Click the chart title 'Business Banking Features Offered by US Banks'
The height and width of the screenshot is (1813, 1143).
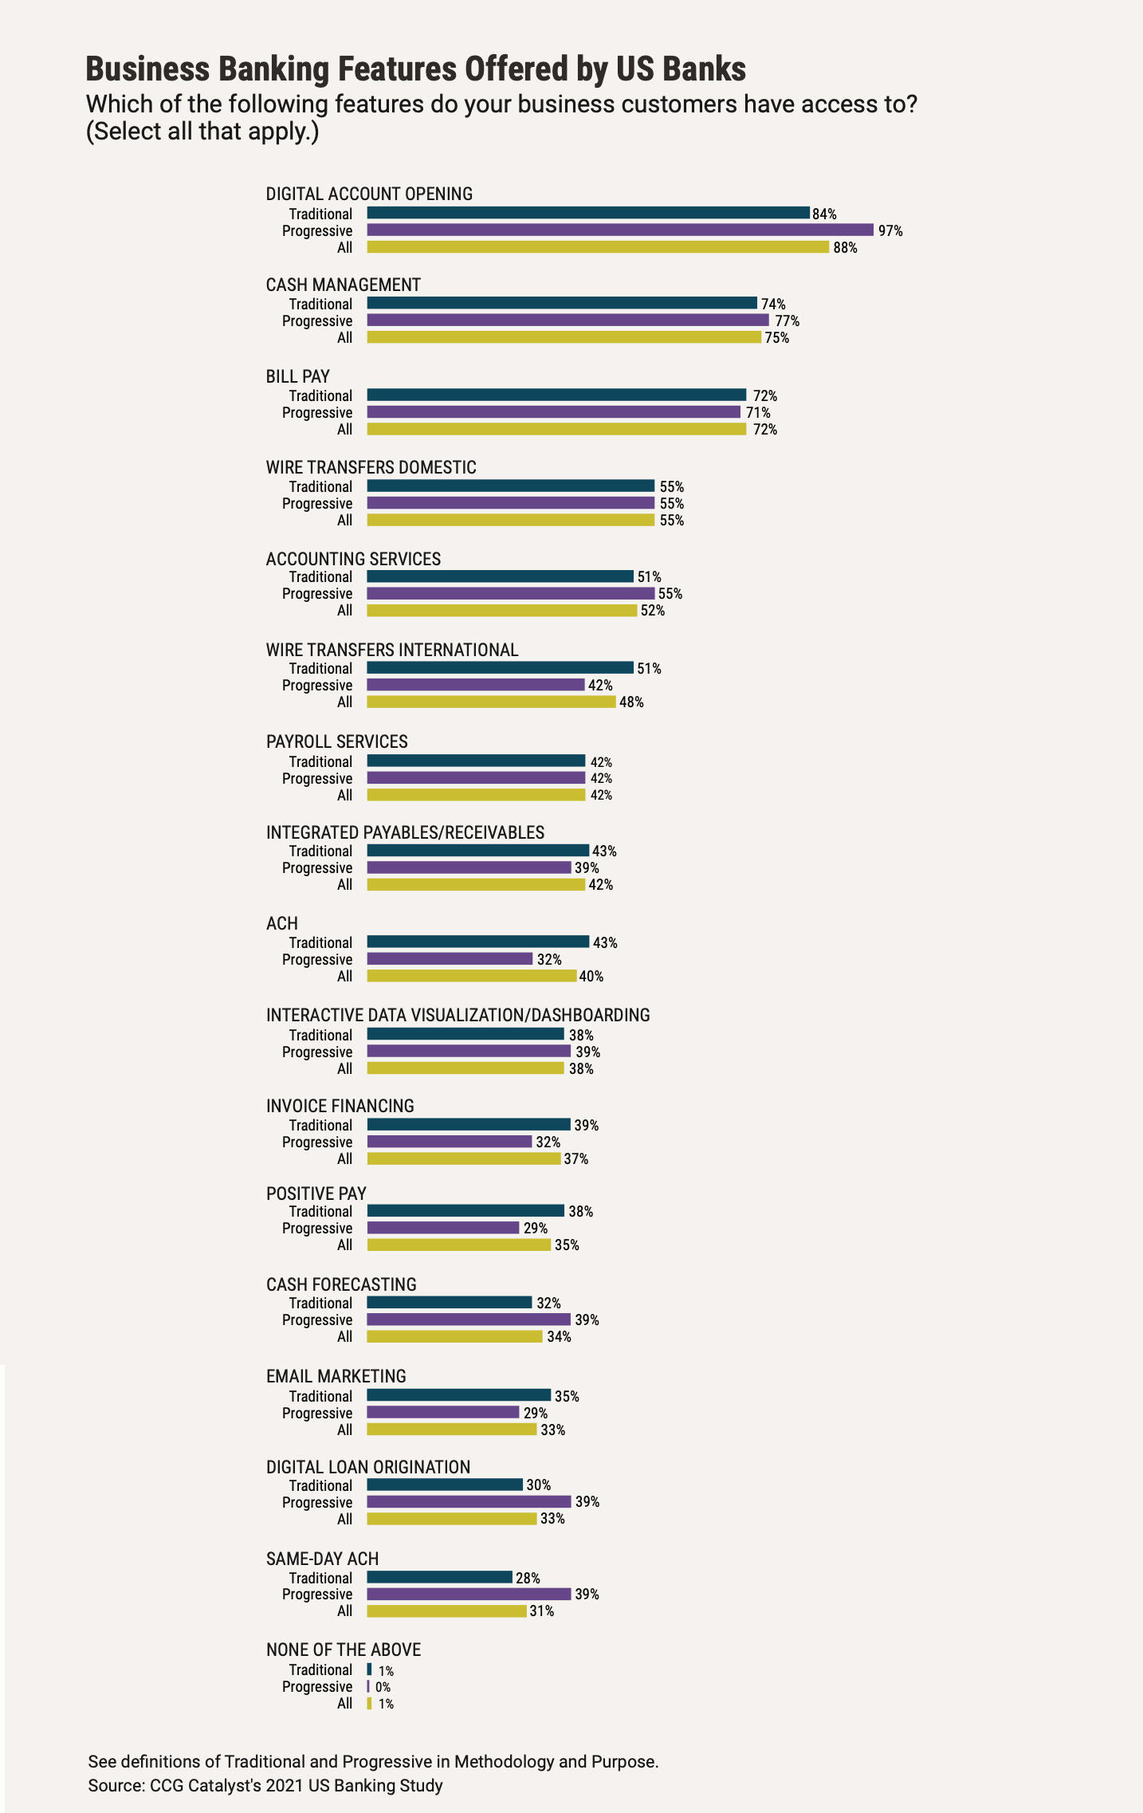pos(415,69)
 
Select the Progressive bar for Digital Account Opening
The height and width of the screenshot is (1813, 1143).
pos(620,230)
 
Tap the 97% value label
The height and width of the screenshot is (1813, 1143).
pos(890,231)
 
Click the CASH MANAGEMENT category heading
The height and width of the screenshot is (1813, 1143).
pos(343,285)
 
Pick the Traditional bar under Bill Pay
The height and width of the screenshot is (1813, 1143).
pos(556,395)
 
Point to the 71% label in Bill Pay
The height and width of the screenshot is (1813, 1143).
pos(758,413)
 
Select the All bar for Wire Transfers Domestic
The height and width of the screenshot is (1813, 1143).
pos(510,521)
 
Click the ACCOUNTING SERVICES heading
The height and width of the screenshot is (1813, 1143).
pos(353,559)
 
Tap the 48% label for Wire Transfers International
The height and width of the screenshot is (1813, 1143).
pos(631,702)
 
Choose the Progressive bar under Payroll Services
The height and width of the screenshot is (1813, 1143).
pos(476,778)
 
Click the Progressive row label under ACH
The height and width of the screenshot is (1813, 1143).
pos(316,960)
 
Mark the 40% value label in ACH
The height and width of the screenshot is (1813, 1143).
pos(591,977)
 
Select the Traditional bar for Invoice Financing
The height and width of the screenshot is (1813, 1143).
pos(469,1125)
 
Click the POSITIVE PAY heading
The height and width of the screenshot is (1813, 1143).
pos(316,1194)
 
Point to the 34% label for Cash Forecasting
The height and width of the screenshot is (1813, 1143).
pos(559,1337)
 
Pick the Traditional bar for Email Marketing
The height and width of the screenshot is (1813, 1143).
pos(458,1396)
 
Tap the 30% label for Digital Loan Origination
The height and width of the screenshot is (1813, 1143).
pos(539,1485)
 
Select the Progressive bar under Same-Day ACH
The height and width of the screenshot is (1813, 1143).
pos(469,1595)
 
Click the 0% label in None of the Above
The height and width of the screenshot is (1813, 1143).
pos(383,1688)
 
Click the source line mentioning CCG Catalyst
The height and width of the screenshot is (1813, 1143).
pos(265,1786)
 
